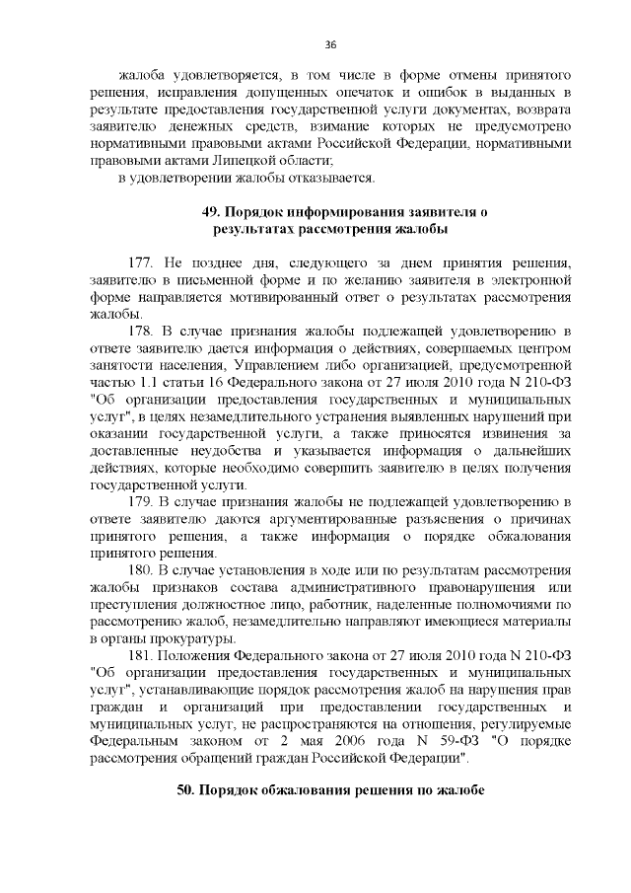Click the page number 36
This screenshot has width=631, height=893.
tap(331, 43)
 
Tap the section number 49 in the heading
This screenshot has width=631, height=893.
tap(210, 212)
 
